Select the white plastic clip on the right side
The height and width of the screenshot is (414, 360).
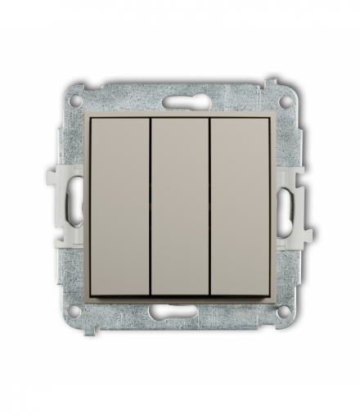coord(299,209)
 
